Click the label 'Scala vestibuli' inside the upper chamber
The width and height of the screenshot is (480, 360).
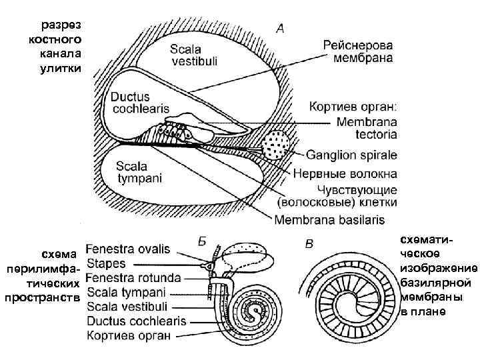[193, 55]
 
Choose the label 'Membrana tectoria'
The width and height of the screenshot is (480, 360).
[367, 128]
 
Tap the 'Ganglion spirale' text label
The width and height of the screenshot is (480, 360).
[351, 155]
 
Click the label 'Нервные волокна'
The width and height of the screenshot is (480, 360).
[345, 173]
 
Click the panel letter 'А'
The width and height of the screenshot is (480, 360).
[281, 29]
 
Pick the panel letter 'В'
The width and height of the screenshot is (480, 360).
[309, 244]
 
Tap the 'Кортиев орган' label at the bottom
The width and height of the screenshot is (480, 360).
[129, 335]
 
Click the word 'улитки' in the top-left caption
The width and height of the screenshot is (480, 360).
[63, 69]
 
